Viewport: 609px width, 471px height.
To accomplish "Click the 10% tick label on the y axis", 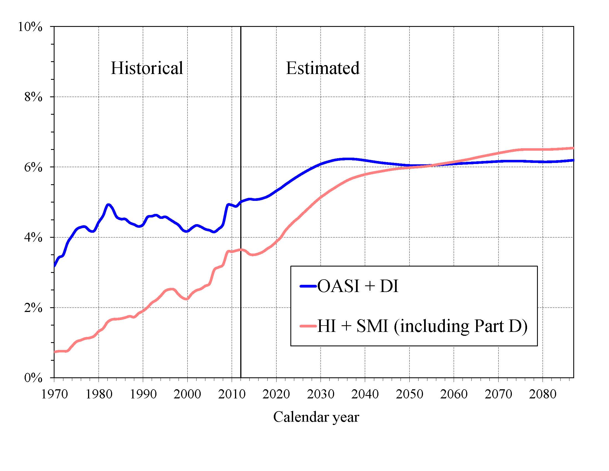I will [30, 27].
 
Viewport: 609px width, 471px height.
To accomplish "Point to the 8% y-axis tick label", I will [33, 97].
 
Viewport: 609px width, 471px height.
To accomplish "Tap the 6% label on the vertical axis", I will [33, 167].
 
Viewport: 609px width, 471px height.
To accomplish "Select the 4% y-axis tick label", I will [33, 238].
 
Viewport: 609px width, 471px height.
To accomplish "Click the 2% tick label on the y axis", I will [33, 308].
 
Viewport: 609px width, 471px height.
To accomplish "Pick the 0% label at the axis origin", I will [33, 378].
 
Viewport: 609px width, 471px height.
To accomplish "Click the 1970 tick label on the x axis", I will [54, 394].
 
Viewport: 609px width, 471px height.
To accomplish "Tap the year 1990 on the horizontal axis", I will [143, 394].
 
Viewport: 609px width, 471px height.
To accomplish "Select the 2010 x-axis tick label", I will [232, 394].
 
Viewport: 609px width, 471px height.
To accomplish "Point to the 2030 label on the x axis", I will [321, 394].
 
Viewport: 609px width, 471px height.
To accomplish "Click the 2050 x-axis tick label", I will [409, 394].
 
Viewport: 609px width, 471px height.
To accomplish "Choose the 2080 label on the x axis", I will [543, 394].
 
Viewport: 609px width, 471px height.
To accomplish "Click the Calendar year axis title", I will [316, 417].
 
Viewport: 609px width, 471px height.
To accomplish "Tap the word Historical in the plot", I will [147, 68].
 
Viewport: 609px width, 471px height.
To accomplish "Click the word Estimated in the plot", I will [322, 68].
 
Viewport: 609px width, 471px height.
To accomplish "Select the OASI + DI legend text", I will [358, 286].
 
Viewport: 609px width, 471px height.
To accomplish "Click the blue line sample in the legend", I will [308, 286].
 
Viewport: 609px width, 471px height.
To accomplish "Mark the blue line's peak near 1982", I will [109, 205].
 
